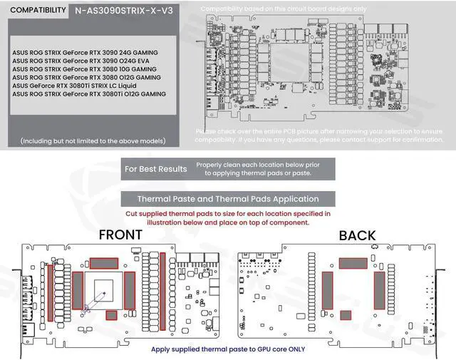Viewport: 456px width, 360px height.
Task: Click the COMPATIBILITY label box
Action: point(36,11)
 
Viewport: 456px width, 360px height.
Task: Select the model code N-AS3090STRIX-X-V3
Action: point(123,11)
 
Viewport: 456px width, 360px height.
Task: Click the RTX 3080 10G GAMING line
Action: point(85,69)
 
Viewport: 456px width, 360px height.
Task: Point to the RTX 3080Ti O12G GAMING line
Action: point(89,93)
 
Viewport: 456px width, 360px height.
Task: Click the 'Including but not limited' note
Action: point(93,141)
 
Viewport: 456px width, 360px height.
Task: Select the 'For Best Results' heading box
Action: point(156,169)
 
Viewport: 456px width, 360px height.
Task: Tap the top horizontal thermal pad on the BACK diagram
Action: point(353,263)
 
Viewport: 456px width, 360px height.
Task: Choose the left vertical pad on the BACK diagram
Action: point(327,289)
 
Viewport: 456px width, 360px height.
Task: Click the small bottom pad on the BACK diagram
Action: point(346,315)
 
